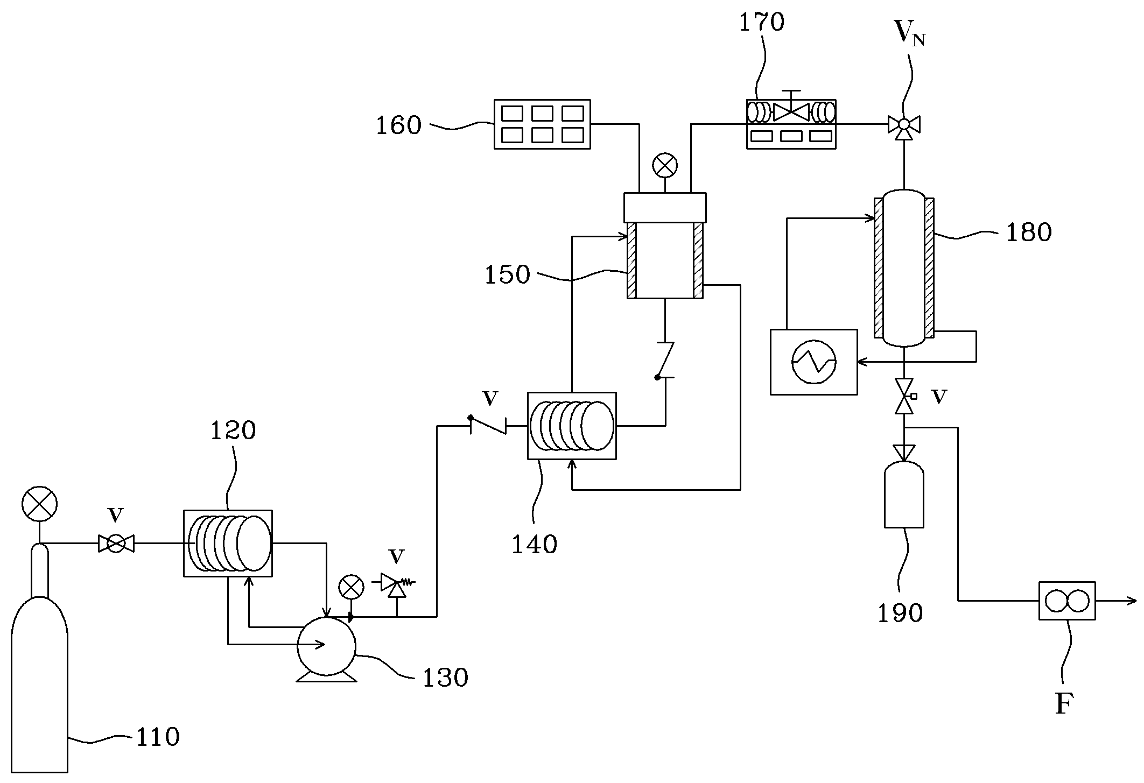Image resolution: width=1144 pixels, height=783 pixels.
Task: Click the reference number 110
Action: [158, 737]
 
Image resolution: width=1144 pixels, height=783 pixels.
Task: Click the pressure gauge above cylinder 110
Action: [39, 505]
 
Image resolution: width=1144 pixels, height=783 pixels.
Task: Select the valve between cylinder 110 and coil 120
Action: [116, 544]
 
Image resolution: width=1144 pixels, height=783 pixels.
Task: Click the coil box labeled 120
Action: [228, 544]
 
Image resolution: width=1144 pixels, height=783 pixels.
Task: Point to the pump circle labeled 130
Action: [327, 645]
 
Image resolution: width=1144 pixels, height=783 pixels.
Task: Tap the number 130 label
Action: [445, 678]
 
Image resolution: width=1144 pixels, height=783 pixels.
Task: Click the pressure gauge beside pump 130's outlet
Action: [351, 588]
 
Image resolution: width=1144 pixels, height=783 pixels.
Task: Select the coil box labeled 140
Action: [572, 426]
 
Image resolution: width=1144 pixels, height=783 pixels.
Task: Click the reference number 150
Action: [508, 275]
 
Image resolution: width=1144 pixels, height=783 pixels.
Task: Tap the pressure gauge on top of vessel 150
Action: [665, 166]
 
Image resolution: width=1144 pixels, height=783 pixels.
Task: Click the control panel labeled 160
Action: [542, 124]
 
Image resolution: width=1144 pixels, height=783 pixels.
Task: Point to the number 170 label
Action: [762, 23]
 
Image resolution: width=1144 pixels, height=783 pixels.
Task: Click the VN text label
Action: [910, 33]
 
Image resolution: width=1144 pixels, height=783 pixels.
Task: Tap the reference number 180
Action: [1029, 232]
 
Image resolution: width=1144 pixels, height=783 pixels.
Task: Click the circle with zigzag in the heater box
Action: [814, 362]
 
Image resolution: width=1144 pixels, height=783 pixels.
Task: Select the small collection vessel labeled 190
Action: [904, 494]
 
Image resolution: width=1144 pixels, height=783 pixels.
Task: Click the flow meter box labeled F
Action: [1067, 601]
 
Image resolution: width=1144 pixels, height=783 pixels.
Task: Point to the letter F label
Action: [1064, 703]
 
